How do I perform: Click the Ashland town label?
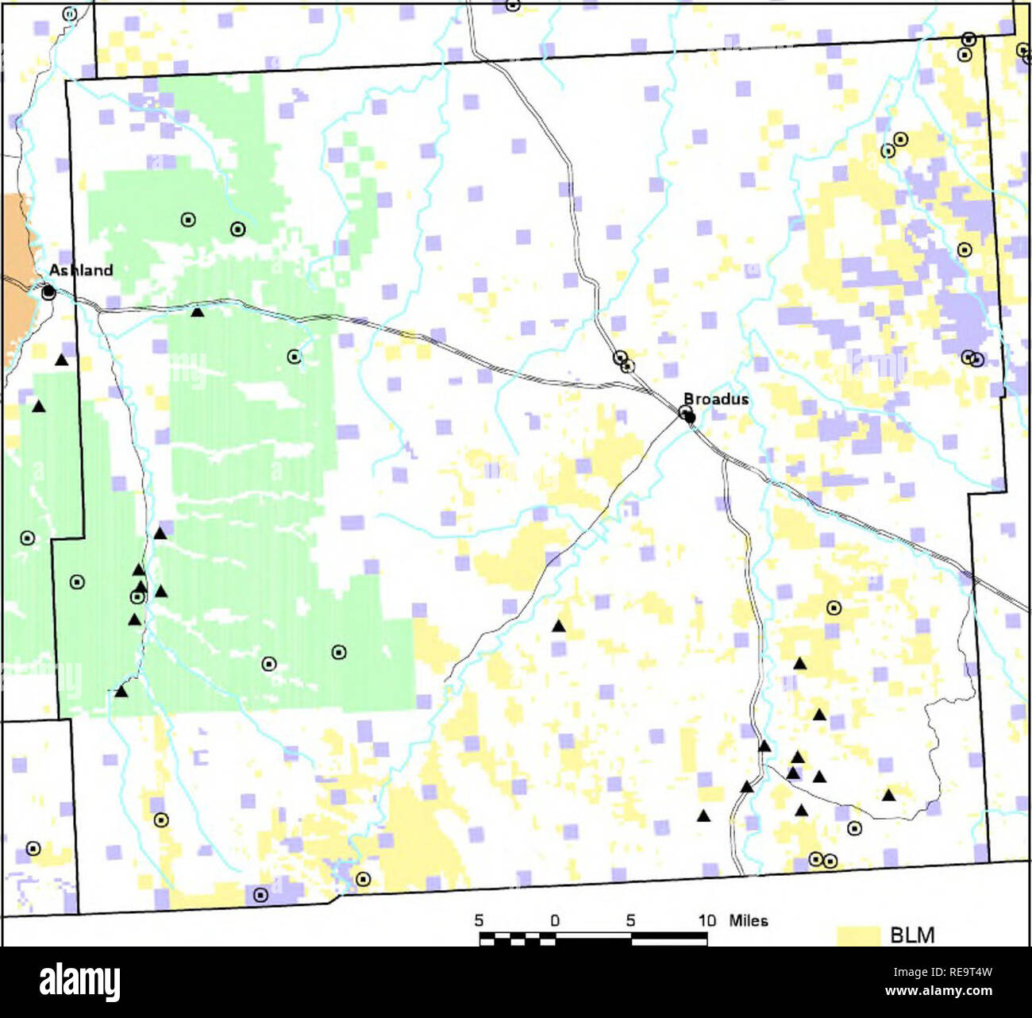pos(81,270)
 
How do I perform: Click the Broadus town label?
pos(716,399)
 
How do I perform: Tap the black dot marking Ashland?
pos(48,292)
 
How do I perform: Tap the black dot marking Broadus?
pos(690,417)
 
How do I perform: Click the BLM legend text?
pos(912,935)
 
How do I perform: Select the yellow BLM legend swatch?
pos(858,935)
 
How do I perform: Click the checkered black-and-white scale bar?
pos(593,939)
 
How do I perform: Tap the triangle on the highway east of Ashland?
pos(198,312)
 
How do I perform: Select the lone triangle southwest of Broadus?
pos(558,626)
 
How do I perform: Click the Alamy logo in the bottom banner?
pos(80,982)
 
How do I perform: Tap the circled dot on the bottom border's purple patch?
pos(260,895)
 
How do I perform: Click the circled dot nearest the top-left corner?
pos(70,13)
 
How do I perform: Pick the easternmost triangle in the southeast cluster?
pos(888,795)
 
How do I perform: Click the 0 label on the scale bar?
pos(555,920)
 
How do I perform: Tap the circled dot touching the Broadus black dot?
pos(685,411)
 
